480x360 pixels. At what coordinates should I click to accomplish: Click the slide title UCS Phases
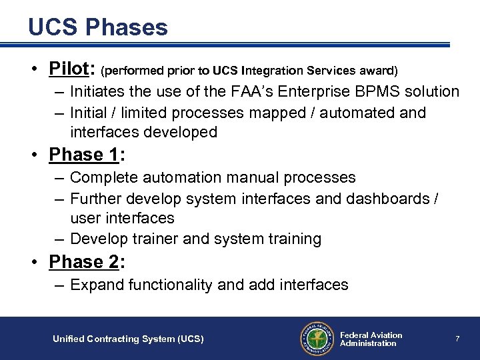click(x=98, y=27)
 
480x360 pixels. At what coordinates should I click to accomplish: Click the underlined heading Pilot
click(x=71, y=69)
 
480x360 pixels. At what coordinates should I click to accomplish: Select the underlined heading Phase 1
click(x=84, y=155)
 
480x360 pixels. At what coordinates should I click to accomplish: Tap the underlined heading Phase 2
click(x=84, y=262)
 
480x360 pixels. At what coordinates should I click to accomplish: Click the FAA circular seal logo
click(x=316, y=339)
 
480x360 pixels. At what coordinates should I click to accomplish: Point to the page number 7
click(x=457, y=339)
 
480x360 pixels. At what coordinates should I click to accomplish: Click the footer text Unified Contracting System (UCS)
click(x=128, y=339)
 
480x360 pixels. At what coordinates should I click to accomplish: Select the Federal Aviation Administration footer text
click(x=371, y=339)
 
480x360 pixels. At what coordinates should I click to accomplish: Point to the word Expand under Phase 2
click(x=96, y=285)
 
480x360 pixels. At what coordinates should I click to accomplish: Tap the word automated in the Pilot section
click(x=359, y=113)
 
